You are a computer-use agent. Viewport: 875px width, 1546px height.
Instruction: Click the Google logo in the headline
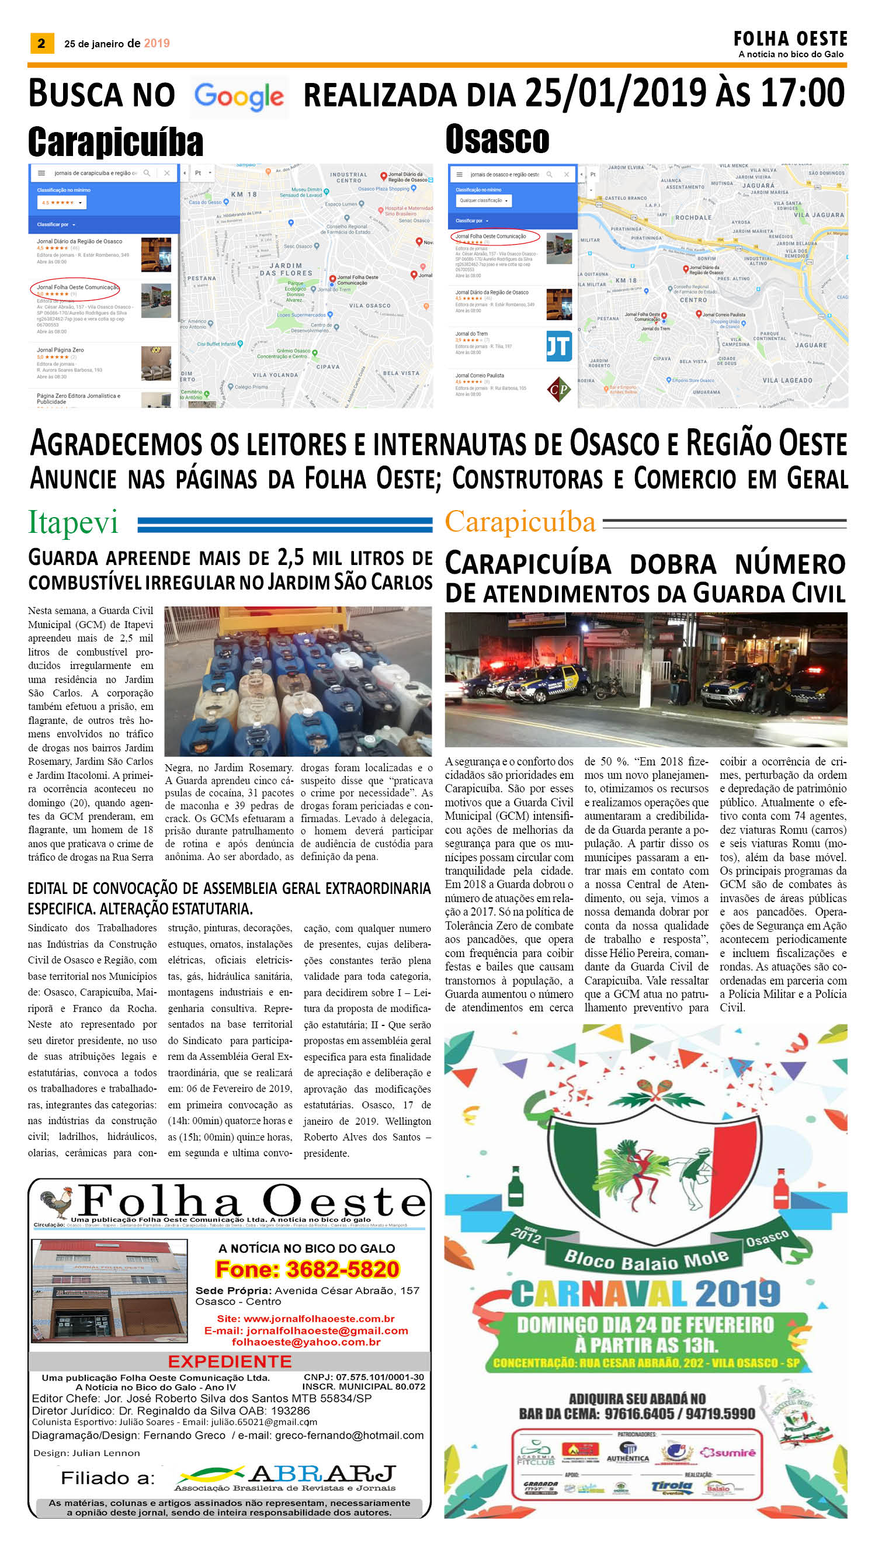238,96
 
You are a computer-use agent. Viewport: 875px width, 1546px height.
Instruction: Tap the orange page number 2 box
41,43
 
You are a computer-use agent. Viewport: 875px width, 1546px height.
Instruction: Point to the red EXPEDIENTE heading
230,1361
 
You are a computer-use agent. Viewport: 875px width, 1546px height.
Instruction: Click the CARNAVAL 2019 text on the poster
645,1294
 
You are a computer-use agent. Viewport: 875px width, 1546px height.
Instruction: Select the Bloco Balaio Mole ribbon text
646,1257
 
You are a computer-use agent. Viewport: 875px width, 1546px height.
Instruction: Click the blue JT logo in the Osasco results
558,346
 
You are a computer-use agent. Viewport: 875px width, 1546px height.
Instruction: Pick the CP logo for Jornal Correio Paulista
558,389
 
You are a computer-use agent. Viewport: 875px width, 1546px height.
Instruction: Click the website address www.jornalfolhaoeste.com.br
306,1319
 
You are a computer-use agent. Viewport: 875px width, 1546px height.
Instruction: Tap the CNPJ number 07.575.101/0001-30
363,1377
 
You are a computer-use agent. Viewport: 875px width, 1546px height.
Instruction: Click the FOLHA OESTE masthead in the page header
790,39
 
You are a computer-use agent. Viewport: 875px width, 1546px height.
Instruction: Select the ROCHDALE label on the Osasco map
693,217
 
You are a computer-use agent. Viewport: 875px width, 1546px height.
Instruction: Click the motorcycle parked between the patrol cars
609,687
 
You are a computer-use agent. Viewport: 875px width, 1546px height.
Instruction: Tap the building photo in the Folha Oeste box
109,1290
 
